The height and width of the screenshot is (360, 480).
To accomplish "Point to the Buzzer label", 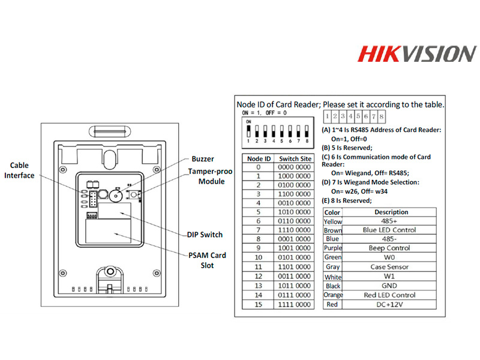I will click(202, 159).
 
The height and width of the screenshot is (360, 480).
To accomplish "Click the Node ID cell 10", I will click(258, 256).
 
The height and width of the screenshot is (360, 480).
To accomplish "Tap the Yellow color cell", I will click(332, 221).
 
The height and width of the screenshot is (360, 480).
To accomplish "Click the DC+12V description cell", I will click(391, 304).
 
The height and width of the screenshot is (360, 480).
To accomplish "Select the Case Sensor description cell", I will click(391, 266).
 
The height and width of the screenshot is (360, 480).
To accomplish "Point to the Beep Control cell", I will click(391, 248).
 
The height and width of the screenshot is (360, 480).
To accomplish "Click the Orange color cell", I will click(332, 295).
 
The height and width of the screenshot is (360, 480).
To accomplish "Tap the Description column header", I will click(391, 212).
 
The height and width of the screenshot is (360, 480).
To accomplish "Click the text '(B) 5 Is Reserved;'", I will click(347, 148).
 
